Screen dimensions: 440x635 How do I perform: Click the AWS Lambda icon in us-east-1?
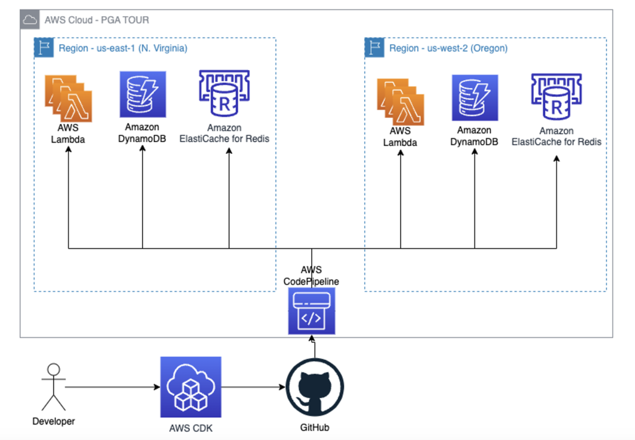click(x=68, y=98)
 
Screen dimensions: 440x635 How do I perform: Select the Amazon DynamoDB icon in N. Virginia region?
click(x=143, y=94)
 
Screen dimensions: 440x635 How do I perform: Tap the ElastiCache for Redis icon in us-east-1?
click(x=224, y=94)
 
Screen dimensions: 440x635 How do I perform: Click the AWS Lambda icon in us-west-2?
click(x=401, y=102)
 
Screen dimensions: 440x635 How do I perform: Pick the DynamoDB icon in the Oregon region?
click(x=474, y=98)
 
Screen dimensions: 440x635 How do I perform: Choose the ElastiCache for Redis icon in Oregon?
click(x=556, y=97)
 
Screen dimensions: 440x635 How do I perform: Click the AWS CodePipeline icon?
click(x=311, y=311)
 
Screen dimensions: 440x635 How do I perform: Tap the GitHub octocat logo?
click(x=315, y=388)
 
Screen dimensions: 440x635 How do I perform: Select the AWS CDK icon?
click(x=190, y=387)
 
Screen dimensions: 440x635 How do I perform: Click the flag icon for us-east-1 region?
click(x=43, y=48)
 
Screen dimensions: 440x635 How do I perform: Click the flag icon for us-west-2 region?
click(x=374, y=48)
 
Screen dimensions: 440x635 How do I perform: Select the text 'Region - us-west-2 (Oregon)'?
click(x=448, y=48)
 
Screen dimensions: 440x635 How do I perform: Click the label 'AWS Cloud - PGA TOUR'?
click(x=97, y=20)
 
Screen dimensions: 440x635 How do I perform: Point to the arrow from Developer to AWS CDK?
click(x=112, y=388)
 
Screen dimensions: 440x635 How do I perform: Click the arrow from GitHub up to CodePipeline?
click(x=315, y=348)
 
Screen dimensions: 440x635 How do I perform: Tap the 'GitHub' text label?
click(x=315, y=427)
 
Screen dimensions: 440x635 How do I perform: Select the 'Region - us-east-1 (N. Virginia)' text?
click(x=123, y=48)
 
